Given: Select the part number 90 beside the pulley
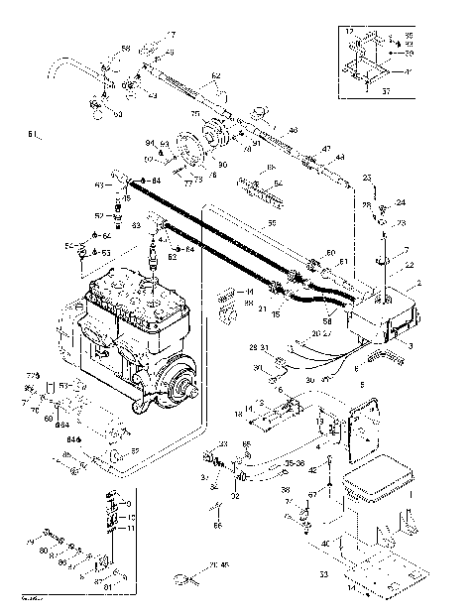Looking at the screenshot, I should tap(222, 164).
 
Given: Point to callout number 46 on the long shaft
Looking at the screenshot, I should tap(293, 130).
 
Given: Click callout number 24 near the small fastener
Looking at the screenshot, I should tap(401, 203).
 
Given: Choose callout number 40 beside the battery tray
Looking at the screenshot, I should tap(324, 543).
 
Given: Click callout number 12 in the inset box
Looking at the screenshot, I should tap(348, 33).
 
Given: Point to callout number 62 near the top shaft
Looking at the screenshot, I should tap(215, 76).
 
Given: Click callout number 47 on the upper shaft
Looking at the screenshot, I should tap(325, 149).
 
